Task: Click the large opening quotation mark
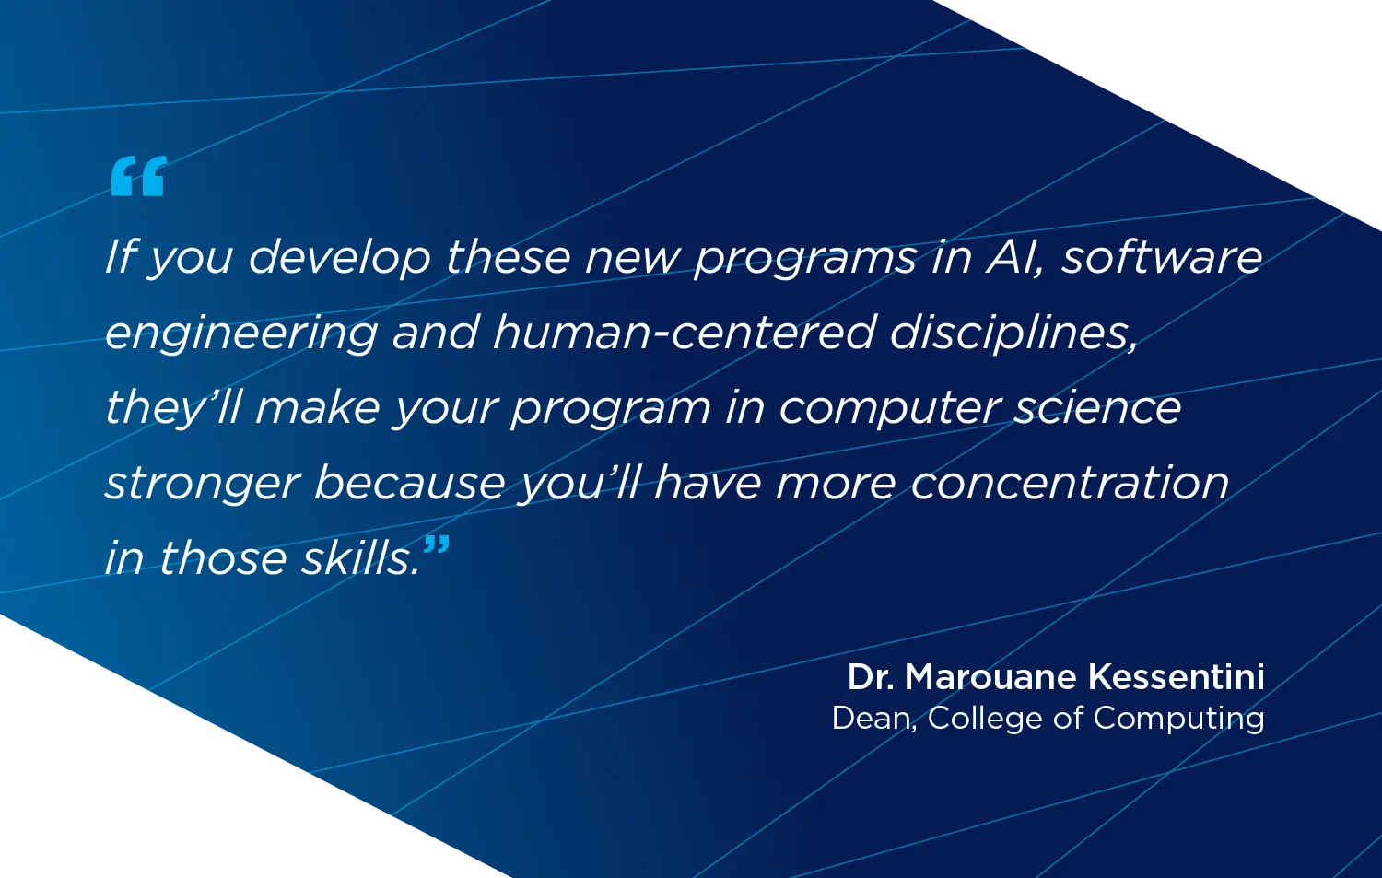point(138,176)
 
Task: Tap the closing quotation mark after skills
point(437,545)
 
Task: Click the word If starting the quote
point(121,255)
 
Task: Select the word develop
point(339,257)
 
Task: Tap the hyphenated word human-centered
point(684,332)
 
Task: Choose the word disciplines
point(1013,332)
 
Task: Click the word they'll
point(173,408)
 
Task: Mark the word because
point(411,483)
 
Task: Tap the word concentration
point(1070,483)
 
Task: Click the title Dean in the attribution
point(873,719)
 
